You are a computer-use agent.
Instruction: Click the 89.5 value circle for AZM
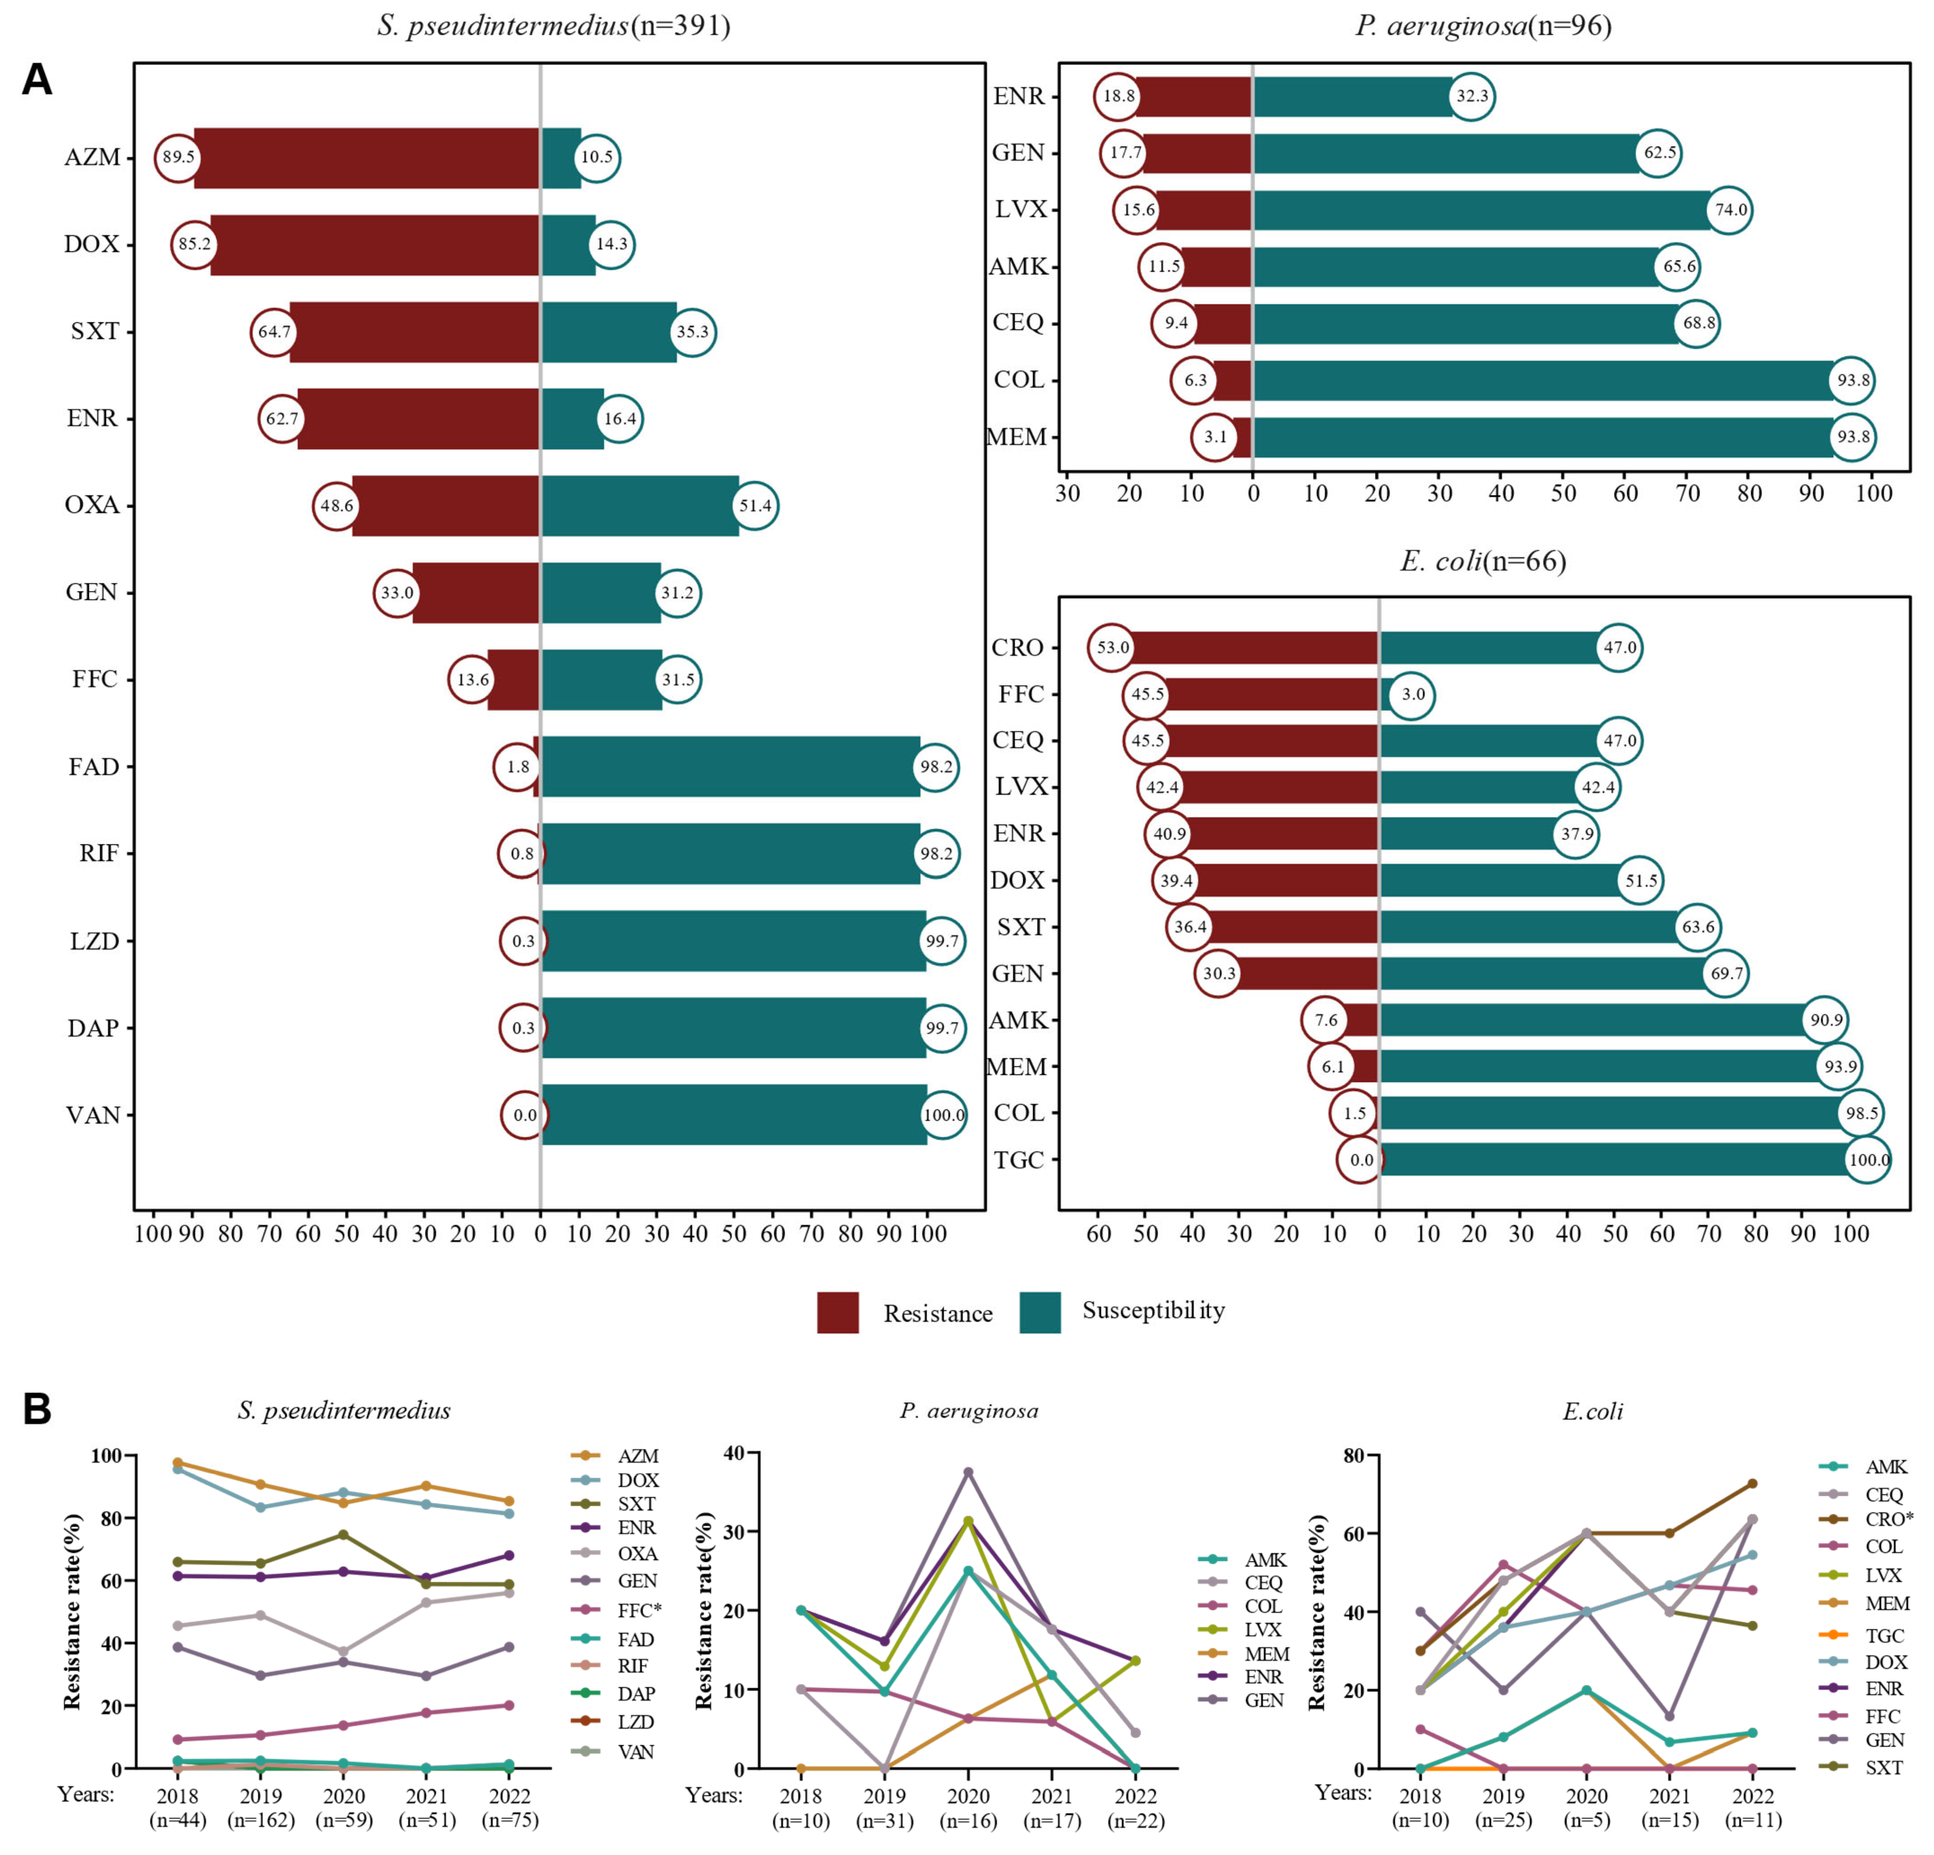pos(178,158)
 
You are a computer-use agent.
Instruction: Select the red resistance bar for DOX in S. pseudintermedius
pos(375,245)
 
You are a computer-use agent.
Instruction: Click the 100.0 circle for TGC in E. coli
pos(1868,1160)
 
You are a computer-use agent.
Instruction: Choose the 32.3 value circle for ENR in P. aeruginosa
pos(1471,97)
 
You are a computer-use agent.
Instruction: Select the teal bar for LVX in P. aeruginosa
pos(1480,210)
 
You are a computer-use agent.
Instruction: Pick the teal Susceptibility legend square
pos(1040,1312)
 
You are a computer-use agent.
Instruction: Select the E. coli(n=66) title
pos(1483,562)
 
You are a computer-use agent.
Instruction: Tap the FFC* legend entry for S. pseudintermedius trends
pos(639,1610)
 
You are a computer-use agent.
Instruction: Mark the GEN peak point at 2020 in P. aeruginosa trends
pos(968,1472)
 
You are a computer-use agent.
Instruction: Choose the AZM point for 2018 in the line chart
pos(177,1463)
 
